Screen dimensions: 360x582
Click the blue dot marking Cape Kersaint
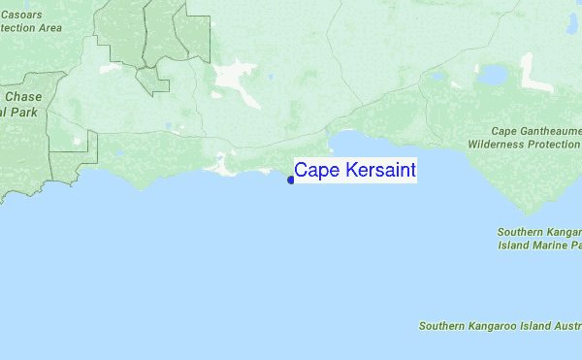click(x=291, y=180)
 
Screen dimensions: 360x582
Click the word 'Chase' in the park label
click(x=23, y=97)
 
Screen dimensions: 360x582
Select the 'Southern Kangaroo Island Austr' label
click(x=500, y=326)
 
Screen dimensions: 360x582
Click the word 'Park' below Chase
click(x=24, y=112)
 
